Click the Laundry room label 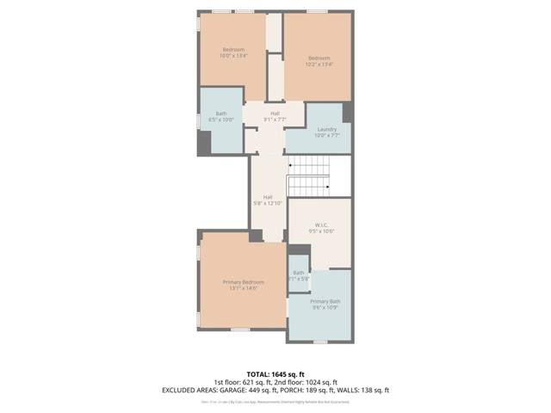[x=326, y=129]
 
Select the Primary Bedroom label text [x=244, y=282]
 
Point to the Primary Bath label [x=325, y=301]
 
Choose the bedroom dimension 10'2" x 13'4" [x=319, y=64]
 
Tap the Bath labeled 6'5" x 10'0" [x=221, y=120]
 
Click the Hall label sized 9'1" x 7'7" [x=275, y=120]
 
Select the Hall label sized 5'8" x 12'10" [x=268, y=203]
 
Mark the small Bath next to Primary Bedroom [x=298, y=273]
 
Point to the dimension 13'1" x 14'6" [x=244, y=289]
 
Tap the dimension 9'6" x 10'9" [x=325, y=308]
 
